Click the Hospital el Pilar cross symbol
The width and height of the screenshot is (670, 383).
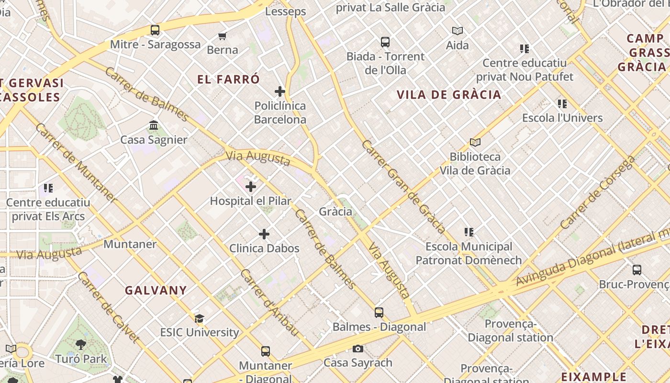pos(251,187)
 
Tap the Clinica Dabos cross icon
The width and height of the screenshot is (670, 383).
pos(264,234)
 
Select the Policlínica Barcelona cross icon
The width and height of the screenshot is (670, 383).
pos(280,91)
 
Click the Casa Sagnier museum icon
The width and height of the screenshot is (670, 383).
pos(154,125)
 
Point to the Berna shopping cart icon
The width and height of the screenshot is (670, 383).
pos(223,36)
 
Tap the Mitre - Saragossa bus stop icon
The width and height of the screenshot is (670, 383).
pos(155,30)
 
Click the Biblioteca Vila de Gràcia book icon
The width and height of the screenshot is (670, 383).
pos(475,142)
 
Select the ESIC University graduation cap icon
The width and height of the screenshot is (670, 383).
pos(199,318)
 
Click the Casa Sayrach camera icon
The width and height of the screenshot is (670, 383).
pos(357,349)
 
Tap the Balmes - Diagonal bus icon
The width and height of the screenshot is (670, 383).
pos(379,313)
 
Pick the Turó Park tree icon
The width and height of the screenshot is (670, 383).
pos(81,345)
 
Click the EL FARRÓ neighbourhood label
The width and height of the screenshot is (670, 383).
pos(229,79)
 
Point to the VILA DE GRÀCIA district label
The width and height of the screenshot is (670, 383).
pos(449,94)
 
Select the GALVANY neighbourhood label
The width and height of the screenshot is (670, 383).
pos(156,290)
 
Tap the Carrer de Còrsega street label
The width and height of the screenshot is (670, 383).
pos(597,192)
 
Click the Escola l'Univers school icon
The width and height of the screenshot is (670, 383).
pos(562,103)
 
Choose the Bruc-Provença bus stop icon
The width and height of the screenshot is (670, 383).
pos(637,270)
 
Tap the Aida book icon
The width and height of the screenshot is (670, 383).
pos(458,31)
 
